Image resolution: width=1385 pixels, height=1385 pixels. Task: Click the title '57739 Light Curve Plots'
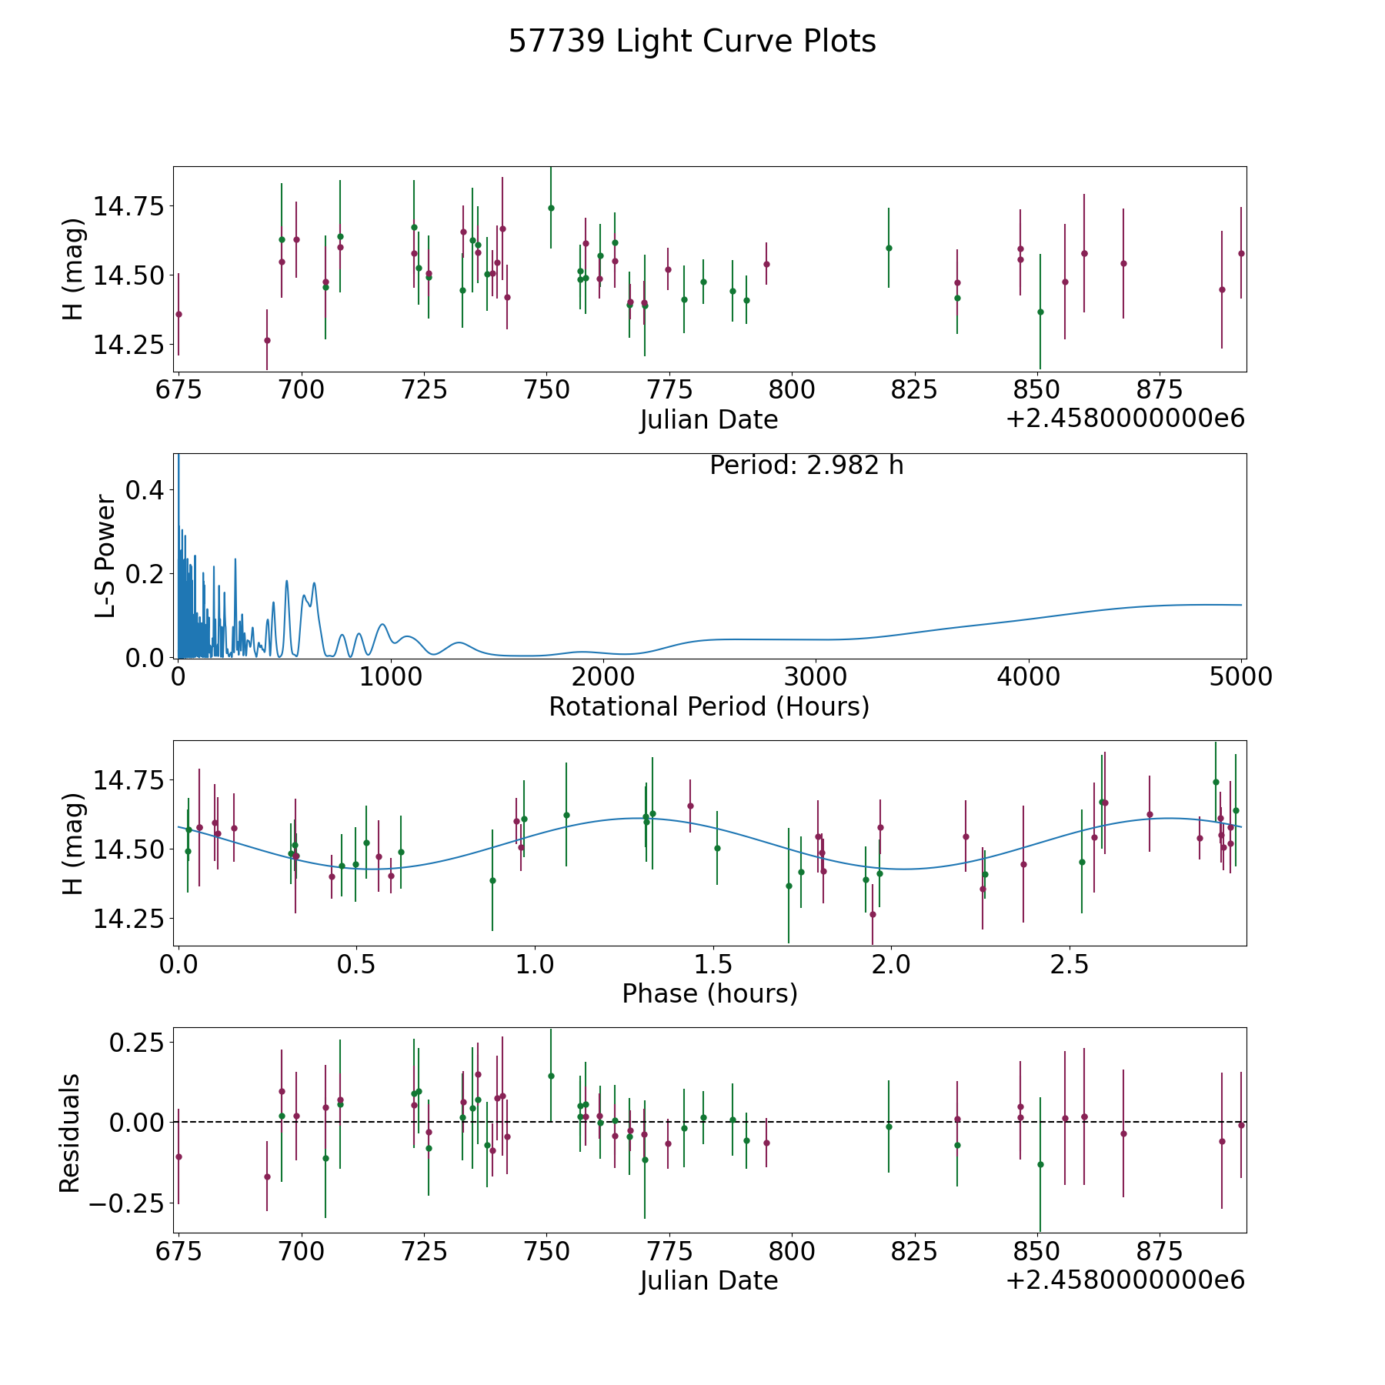pyautogui.click(x=692, y=42)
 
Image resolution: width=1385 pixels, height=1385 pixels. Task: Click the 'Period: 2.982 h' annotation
pyautogui.click(x=806, y=466)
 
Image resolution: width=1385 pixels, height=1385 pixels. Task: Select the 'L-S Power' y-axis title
pyautogui.click(x=106, y=556)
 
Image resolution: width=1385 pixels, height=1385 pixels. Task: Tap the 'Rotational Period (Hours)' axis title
pyautogui.click(x=709, y=706)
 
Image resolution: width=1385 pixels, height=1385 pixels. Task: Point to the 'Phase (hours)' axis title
pyautogui.click(x=709, y=993)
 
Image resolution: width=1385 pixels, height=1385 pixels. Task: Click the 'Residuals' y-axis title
pyautogui.click(x=70, y=1133)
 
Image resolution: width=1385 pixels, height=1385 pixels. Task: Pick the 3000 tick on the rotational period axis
pyautogui.click(x=816, y=677)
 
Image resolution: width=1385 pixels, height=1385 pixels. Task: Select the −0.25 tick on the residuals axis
pyautogui.click(x=126, y=1203)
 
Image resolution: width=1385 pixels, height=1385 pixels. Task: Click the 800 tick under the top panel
pyautogui.click(x=791, y=389)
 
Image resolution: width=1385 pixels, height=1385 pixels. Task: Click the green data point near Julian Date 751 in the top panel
pyautogui.click(x=551, y=208)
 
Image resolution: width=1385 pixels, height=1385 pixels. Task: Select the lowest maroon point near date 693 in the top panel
pyautogui.click(x=267, y=340)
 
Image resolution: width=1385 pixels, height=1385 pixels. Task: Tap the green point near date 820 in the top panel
pyautogui.click(x=889, y=248)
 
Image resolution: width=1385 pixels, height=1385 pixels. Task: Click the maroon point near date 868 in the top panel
pyautogui.click(x=1123, y=263)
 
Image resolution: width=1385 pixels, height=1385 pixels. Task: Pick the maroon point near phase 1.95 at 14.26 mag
pyautogui.click(x=873, y=914)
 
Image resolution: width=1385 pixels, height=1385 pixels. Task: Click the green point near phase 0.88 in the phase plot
pyautogui.click(x=492, y=880)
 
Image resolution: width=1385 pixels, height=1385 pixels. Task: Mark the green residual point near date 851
pyautogui.click(x=1040, y=1164)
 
